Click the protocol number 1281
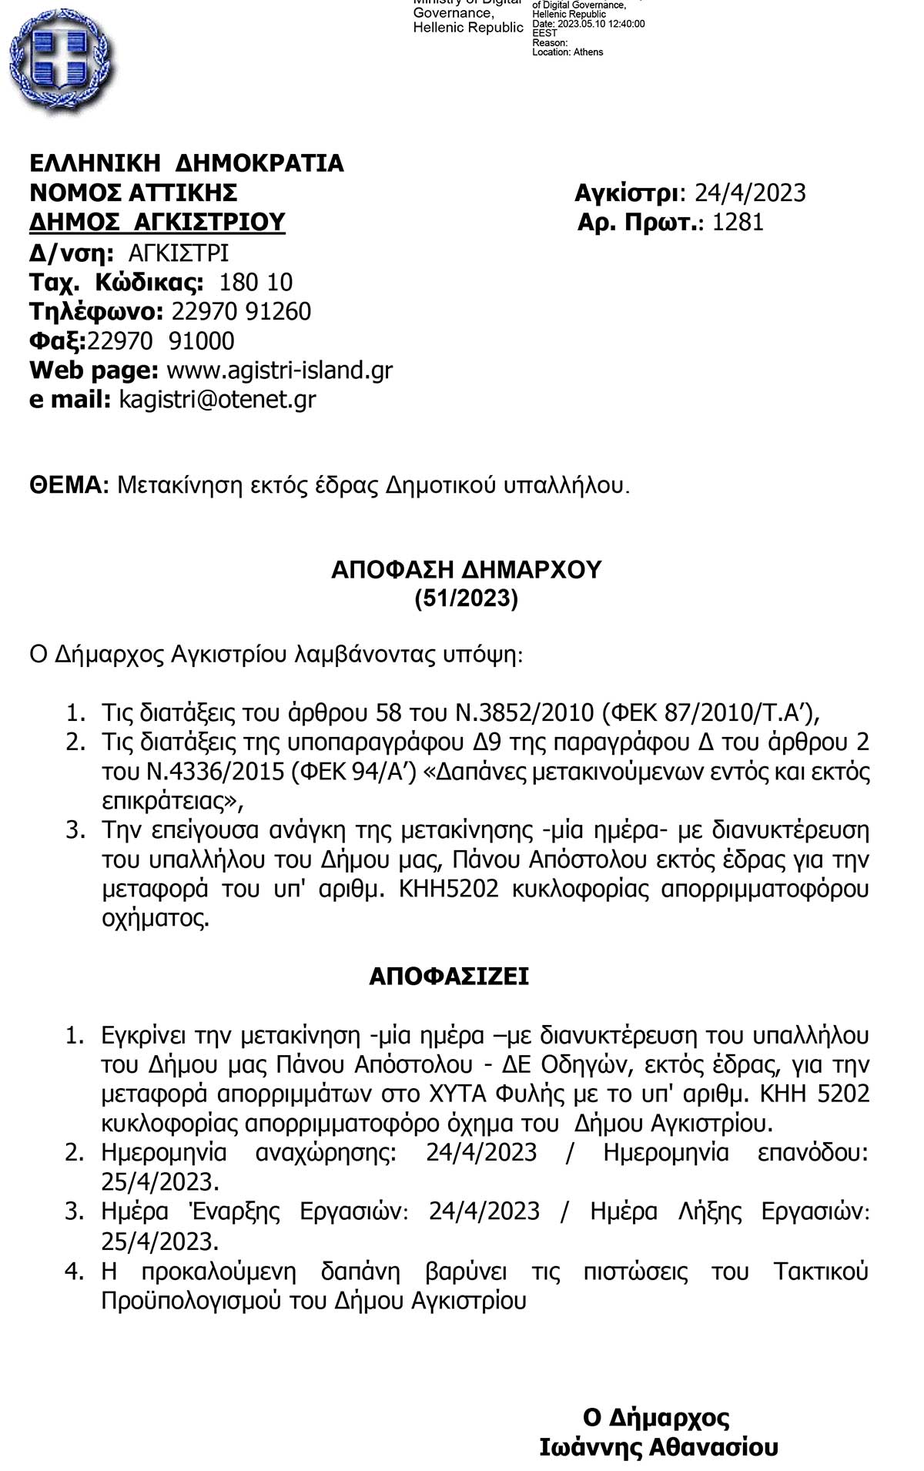click(738, 223)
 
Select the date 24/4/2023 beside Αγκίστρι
click(750, 193)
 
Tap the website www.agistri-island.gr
click(280, 370)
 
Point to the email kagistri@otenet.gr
click(217, 400)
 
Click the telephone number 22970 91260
click(241, 312)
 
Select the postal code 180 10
click(256, 282)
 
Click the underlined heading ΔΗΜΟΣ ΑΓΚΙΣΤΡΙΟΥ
click(157, 223)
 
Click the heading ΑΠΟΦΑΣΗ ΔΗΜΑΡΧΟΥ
click(466, 570)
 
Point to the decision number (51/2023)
click(466, 598)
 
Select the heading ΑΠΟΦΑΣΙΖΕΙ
click(449, 977)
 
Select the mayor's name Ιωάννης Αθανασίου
click(658, 1448)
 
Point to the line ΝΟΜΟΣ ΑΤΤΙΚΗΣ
click(133, 193)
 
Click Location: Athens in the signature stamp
click(567, 52)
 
